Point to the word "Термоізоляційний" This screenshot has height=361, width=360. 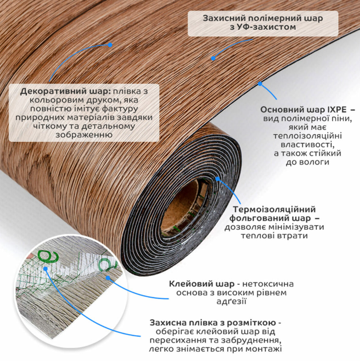tap(274, 210)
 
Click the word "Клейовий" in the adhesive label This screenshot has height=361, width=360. tap(190, 284)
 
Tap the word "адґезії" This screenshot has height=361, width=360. tap(232, 301)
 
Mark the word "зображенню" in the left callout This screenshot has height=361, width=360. tap(84, 135)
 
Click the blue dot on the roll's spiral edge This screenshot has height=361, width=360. tap(218, 179)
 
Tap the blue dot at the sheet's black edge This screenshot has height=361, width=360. tap(260, 84)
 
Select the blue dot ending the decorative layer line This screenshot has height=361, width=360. tap(110, 45)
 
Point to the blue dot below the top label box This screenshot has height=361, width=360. tap(213, 58)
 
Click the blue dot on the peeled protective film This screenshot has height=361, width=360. tap(46, 269)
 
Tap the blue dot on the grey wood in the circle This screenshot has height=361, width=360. tap(108, 278)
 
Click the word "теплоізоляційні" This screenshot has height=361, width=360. tap(307, 136)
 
